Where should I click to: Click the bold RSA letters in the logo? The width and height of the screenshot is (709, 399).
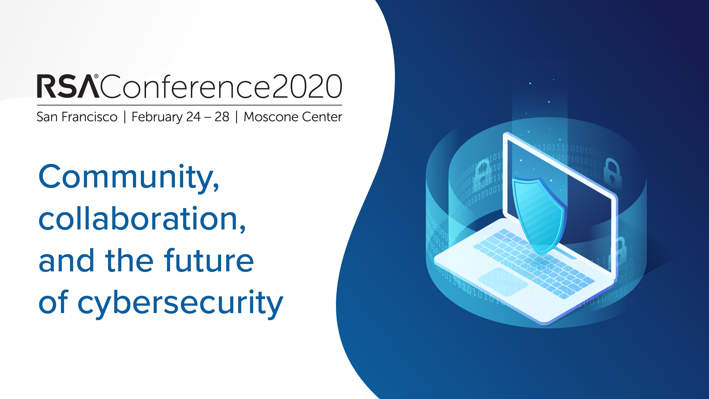68,86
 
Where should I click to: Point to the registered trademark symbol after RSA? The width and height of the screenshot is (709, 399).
96,76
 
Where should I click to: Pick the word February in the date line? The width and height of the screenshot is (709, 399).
157,117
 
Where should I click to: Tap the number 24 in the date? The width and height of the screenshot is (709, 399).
193,117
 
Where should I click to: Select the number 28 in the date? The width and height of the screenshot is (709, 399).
222,117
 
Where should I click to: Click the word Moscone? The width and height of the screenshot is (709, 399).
271,117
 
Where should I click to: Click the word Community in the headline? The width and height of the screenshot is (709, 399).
129,177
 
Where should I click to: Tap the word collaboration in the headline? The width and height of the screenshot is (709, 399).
142,219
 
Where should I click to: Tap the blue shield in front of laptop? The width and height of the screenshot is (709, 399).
539,216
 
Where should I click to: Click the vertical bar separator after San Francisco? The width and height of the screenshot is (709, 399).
125,117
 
